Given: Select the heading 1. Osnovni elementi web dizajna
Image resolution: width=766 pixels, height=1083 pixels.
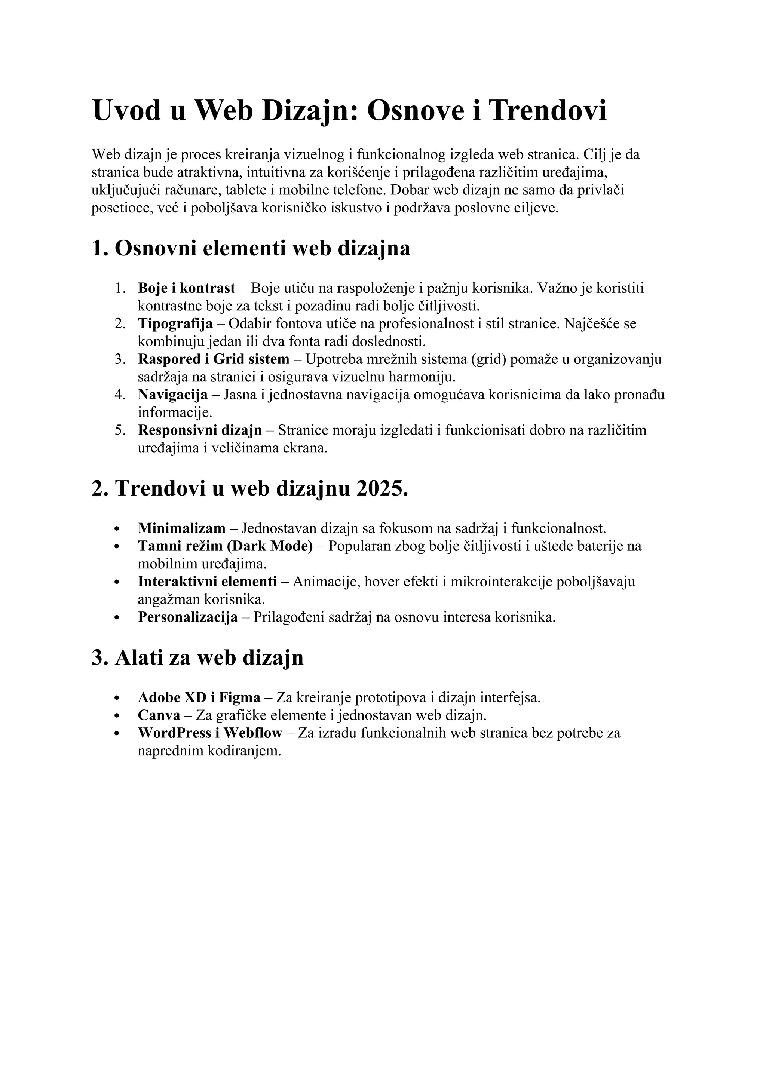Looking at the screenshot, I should [x=251, y=249].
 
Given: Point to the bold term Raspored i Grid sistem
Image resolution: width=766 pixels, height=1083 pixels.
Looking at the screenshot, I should [x=213, y=359].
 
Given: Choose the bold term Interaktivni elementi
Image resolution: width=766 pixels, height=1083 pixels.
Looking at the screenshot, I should [x=207, y=582].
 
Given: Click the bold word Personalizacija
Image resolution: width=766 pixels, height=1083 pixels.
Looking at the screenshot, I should [x=188, y=617].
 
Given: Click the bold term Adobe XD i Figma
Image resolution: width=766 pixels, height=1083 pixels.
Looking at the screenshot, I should [x=199, y=697].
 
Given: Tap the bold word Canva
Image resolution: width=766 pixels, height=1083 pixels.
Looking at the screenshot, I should [x=159, y=715].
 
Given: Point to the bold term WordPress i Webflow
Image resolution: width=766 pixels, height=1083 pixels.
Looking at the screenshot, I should [x=210, y=733].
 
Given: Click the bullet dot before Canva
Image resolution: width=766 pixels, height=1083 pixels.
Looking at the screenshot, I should [x=117, y=716].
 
